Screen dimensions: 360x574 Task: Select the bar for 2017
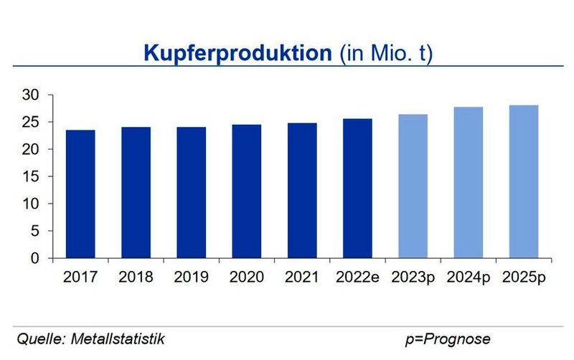click(80, 194)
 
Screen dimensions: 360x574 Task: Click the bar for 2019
click(190, 193)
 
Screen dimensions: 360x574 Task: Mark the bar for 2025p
click(523, 182)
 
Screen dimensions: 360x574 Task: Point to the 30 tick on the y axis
click(33, 95)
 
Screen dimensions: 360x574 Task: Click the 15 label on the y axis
click(33, 176)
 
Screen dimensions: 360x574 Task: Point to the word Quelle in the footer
click(35, 338)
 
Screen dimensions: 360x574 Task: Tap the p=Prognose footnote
click(448, 338)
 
